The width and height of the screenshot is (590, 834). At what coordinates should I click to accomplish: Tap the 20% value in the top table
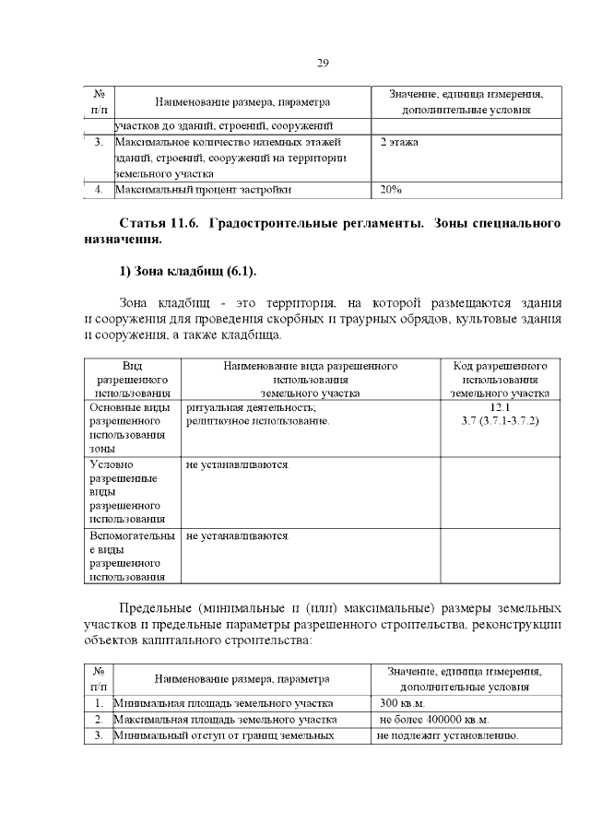[x=391, y=191]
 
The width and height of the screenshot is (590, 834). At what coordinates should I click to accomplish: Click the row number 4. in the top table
[x=99, y=191]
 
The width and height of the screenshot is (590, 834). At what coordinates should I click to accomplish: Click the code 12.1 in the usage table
[x=500, y=406]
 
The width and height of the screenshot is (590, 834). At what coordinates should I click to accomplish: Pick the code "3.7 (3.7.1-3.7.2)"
[x=500, y=420]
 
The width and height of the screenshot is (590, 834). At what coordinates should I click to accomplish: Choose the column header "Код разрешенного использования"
[x=500, y=379]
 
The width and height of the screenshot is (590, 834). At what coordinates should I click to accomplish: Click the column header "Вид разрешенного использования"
[x=132, y=379]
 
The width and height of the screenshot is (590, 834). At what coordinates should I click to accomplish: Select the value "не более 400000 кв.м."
[x=433, y=719]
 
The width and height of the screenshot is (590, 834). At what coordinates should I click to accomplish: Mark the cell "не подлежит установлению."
[x=449, y=735]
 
